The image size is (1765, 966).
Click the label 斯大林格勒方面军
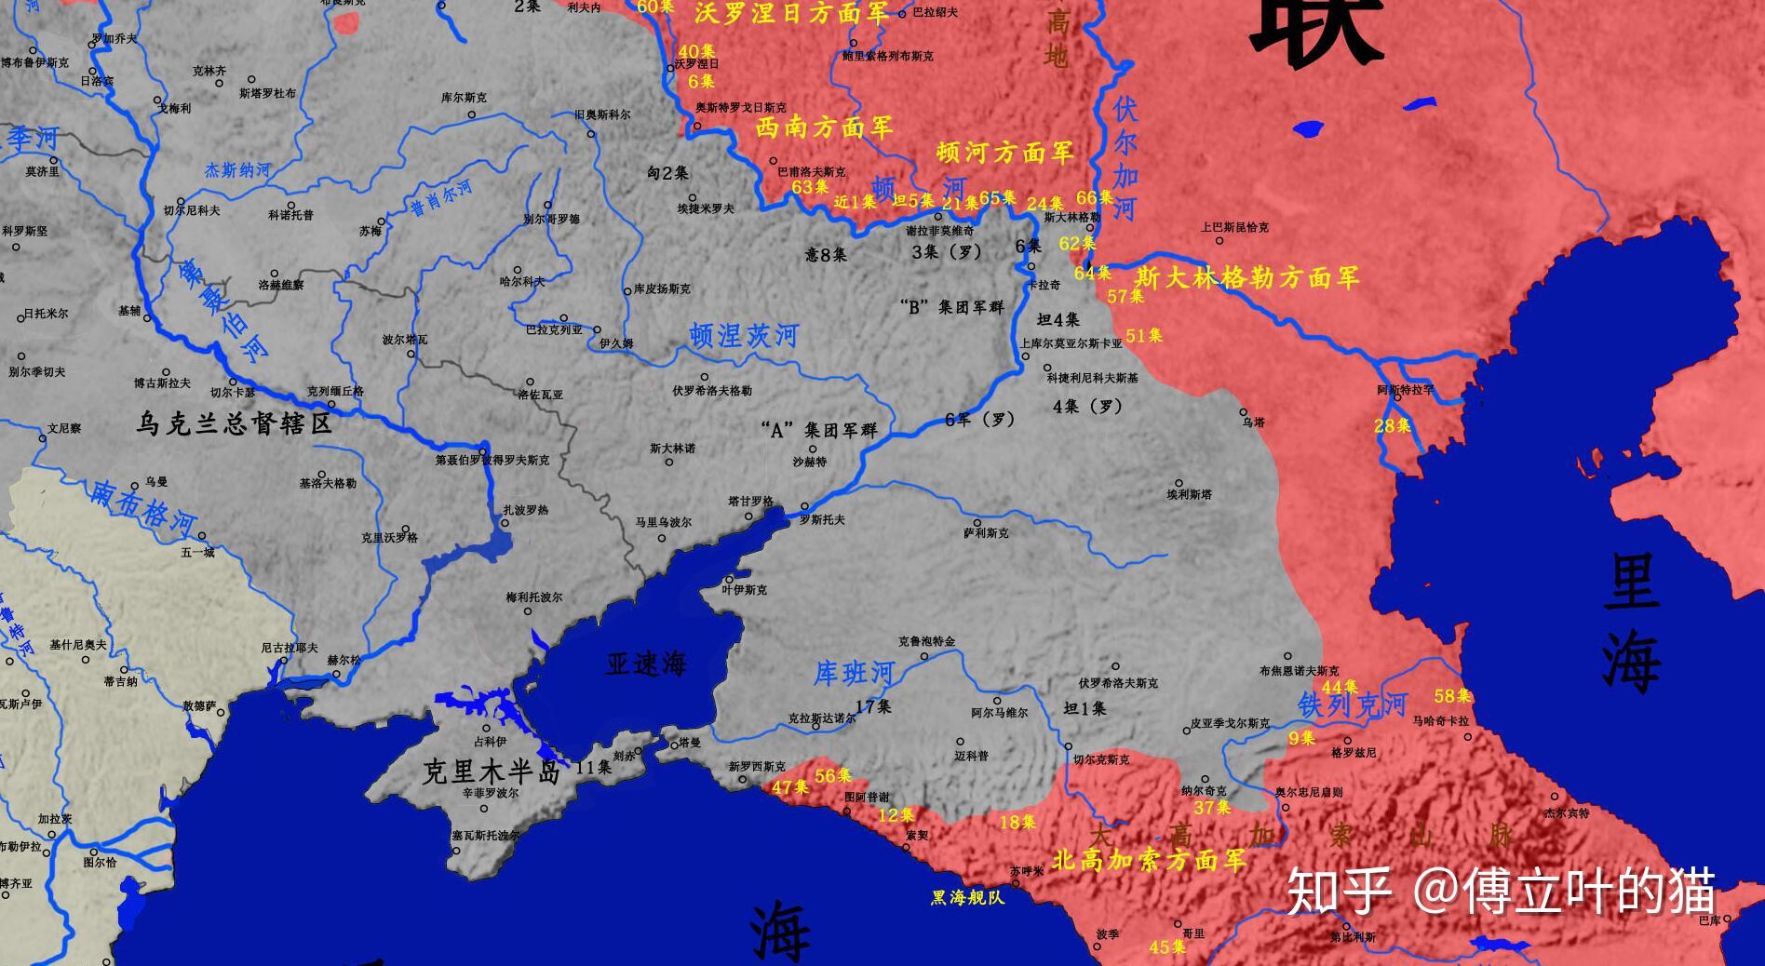[1247, 277]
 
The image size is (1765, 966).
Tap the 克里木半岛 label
[491, 771]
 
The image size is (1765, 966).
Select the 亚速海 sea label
[646, 663]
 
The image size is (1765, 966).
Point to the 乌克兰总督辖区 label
[234, 424]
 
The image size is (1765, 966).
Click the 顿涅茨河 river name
[744, 336]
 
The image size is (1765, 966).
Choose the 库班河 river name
[854, 672]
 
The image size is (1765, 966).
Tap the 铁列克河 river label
[1353, 704]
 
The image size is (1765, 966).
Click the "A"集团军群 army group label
[818, 430]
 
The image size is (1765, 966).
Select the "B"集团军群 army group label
[952, 306]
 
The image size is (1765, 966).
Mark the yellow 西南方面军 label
[824, 127]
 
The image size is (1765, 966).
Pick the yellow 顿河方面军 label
[1005, 152]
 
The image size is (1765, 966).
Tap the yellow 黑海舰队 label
[967, 898]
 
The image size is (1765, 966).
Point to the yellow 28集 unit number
[1393, 426]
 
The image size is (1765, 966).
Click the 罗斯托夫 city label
[822, 519]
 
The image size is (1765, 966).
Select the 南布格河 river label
[143, 508]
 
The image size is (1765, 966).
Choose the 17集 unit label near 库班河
[873, 706]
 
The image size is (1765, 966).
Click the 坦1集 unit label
[1085, 709]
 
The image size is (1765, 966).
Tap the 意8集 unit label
[826, 254]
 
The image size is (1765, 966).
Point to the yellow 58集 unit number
[1452, 695]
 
